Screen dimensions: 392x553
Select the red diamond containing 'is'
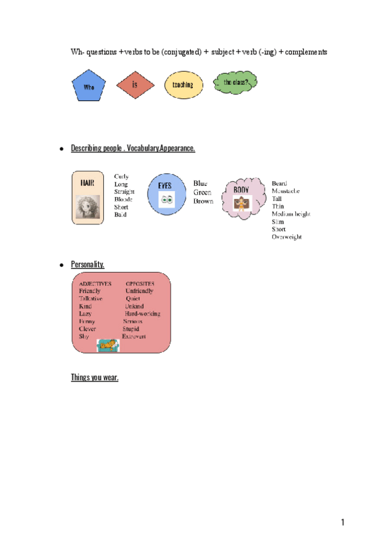(x=135, y=85)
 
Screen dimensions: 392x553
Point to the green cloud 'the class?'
(x=235, y=83)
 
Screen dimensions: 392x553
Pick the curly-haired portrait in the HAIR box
(x=88, y=207)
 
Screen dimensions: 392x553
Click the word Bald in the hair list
(x=120, y=215)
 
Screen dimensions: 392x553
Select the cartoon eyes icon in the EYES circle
(x=166, y=200)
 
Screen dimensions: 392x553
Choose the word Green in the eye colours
(x=202, y=192)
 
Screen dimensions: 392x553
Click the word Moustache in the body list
(x=286, y=191)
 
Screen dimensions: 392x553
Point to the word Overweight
(x=287, y=237)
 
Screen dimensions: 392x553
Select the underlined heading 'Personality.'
(x=88, y=264)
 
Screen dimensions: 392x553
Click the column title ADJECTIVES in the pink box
(x=95, y=284)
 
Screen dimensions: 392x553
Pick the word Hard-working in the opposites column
(x=142, y=314)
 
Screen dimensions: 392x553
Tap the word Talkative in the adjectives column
(x=91, y=299)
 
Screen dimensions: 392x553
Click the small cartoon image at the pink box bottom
(x=108, y=345)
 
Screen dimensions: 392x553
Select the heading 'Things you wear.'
(x=95, y=377)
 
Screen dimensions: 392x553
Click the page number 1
(x=342, y=522)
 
